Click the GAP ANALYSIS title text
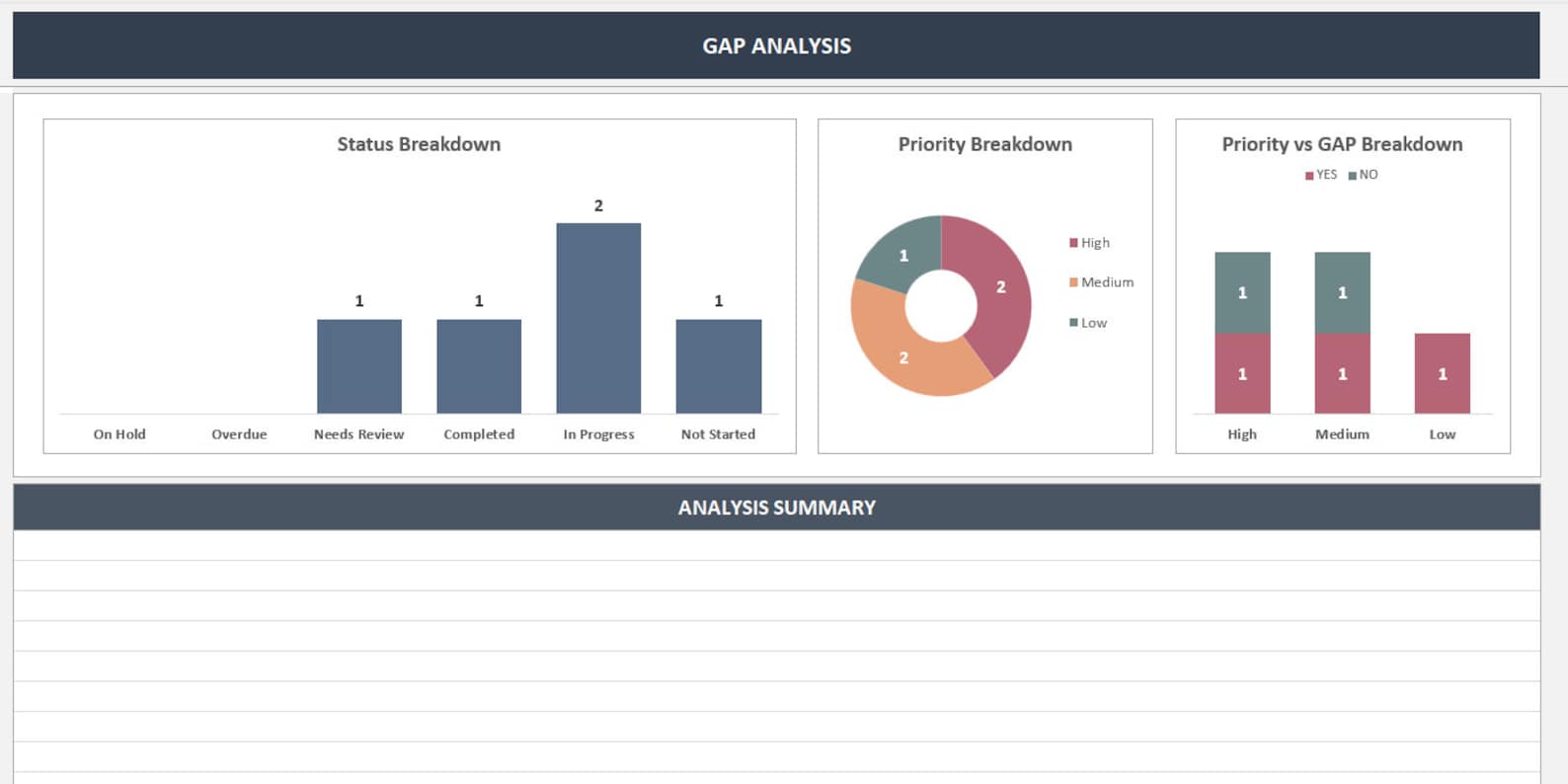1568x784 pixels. point(776,46)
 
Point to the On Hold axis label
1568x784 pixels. point(119,434)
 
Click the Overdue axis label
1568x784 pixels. point(239,434)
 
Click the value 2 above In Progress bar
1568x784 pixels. point(598,205)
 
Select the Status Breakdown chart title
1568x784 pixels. point(419,144)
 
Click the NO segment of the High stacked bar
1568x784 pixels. point(1242,292)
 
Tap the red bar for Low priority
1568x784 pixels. point(1442,373)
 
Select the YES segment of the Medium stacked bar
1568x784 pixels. point(1342,373)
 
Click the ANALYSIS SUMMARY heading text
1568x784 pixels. point(776,508)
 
